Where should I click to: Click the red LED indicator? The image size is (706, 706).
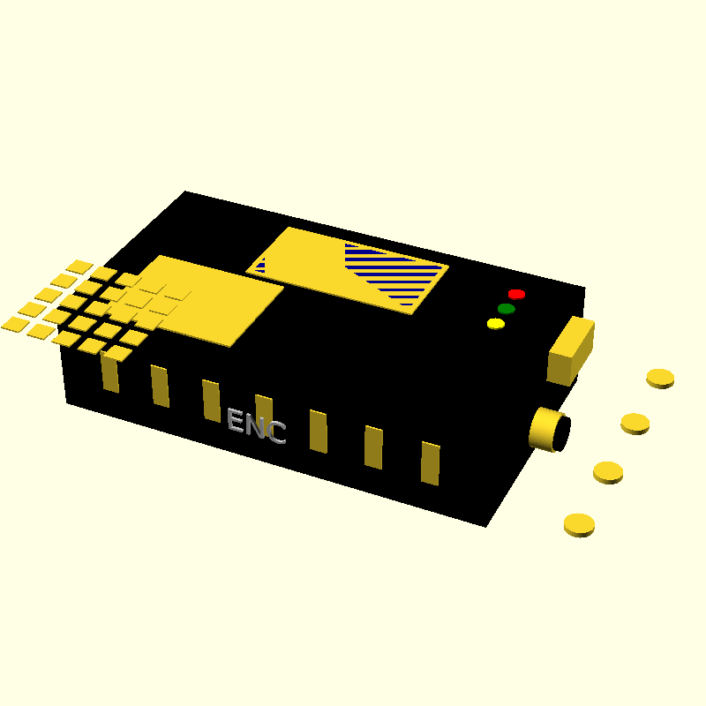tap(516, 294)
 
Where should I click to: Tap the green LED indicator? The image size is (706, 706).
tap(506, 309)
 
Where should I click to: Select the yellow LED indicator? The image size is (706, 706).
tap(496, 324)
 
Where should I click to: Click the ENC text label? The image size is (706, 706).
tap(256, 426)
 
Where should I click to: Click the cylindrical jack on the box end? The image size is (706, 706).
tap(547, 429)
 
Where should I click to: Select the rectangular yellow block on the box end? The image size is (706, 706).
tap(570, 351)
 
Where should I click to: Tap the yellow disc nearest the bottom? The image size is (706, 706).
tap(579, 524)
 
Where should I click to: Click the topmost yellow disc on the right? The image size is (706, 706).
tap(660, 378)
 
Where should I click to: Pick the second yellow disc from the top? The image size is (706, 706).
tap(635, 423)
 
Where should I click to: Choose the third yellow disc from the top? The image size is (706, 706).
tap(608, 471)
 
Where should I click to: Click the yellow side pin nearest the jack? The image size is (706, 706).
tap(430, 462)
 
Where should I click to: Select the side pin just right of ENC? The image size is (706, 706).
tap(319, 431)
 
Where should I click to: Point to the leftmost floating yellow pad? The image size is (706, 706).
tap(15, 324)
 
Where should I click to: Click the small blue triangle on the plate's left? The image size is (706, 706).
tap(260, 265)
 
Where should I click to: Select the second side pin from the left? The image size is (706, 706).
tap(160, 386)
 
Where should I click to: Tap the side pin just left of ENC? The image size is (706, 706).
tap(211, 399)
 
